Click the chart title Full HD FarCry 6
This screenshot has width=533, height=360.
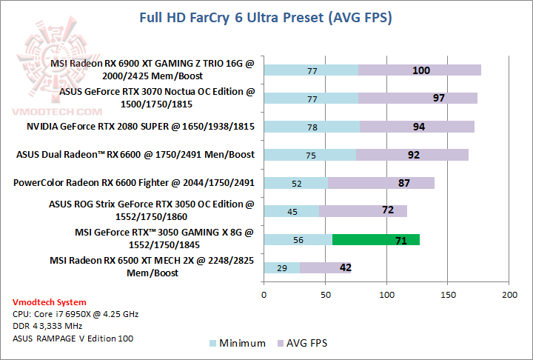coord(266,17)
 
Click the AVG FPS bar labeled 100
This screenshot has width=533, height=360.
coord(420,70)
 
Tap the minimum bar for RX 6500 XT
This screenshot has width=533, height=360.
coord(281,267)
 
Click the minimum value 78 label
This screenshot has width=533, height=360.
coord(312,127)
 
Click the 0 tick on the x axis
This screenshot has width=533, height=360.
coord(264,295)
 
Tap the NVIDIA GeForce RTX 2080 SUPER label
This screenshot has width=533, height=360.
coord(141,127)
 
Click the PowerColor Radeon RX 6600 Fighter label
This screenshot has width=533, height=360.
coord(134,183)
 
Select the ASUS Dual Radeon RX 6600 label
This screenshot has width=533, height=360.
coord(135,155)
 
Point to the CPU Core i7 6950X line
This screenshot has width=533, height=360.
coord(76,314)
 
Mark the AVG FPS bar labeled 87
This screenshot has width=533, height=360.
coord(381,183)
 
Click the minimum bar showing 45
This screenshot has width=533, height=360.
coord(291,211)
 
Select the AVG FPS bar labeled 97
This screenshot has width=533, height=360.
coord(418,99)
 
